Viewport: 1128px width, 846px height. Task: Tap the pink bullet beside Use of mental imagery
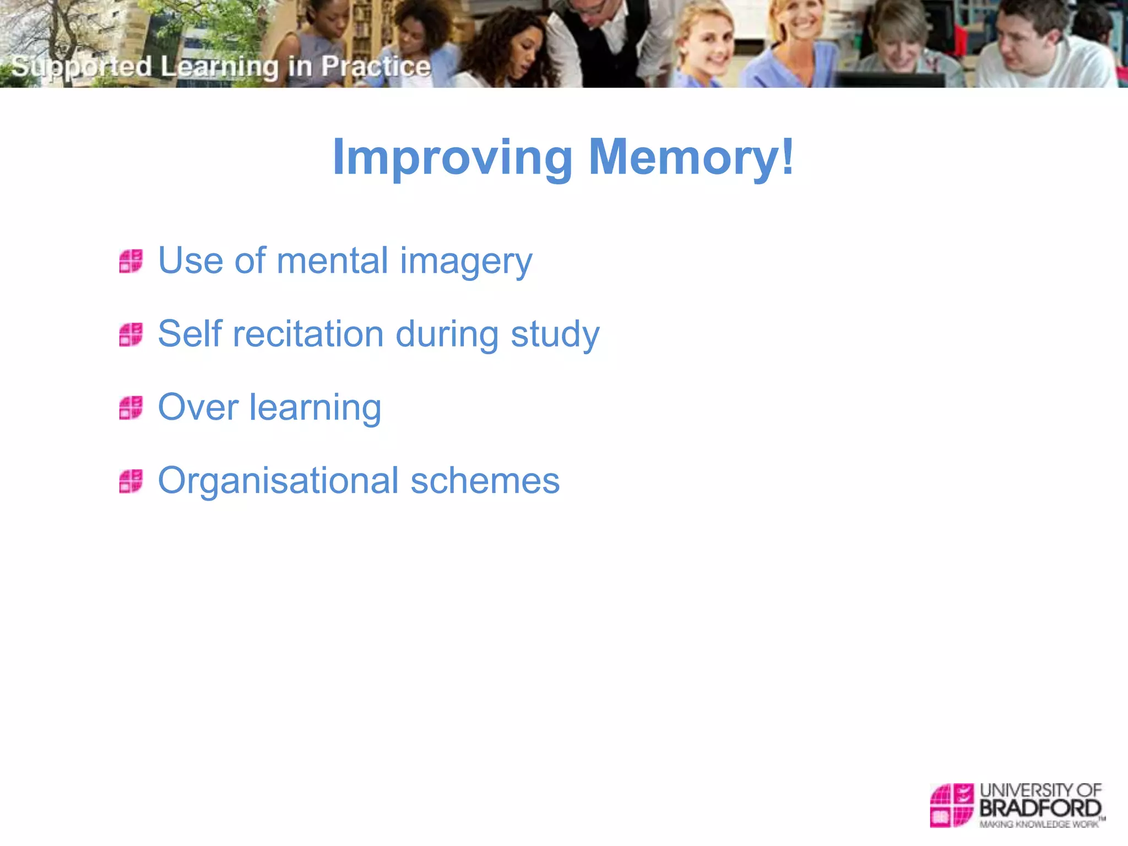tap(131, 261)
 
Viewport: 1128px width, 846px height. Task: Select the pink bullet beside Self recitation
tap(131, 334)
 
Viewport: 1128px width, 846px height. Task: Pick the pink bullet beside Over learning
tap(131, 408)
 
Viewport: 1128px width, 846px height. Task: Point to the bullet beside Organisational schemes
tap(131, 481)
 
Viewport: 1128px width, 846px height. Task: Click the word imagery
tap(466, 262)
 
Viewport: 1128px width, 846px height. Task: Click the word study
tap(555, 335)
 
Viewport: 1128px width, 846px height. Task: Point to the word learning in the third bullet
tap(315, 409)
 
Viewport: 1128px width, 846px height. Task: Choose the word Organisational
tap(278, 481)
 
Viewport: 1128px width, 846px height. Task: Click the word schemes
tap(485, 481)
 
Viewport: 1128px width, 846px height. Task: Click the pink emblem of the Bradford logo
tap(952, 805)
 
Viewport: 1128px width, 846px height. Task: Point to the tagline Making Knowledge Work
tap(1039, 825)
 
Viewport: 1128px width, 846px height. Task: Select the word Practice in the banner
tap(376, 67)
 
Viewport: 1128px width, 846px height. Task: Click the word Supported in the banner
tap(82, 67)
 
